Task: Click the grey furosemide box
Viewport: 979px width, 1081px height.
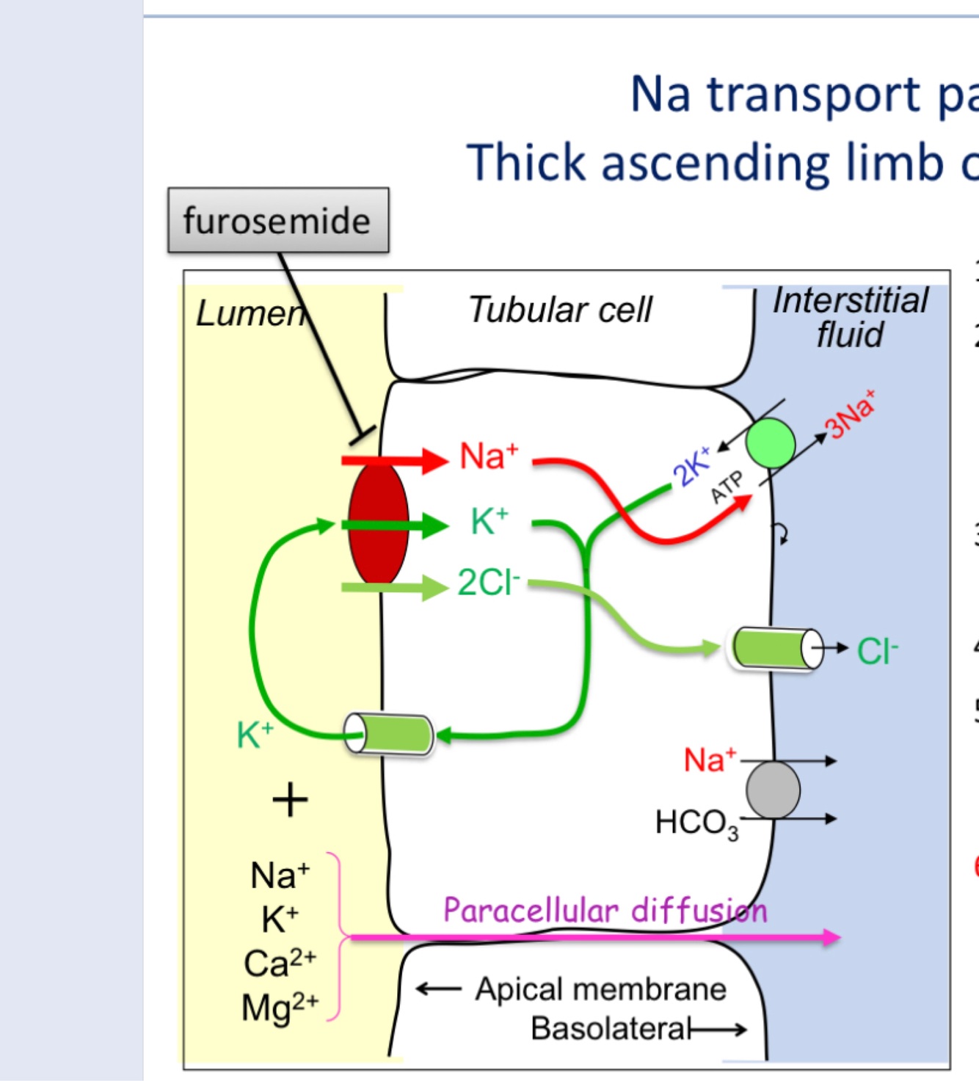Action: click(278, 220)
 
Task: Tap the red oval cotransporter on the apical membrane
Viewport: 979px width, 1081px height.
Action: click(378, 523)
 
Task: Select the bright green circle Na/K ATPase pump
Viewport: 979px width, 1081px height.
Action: click(771, 444)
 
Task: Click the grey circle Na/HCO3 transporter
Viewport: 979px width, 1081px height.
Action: click(773, 790)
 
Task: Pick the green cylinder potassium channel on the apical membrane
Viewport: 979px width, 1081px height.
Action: click(389, 733)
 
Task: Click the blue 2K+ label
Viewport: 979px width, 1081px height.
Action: click(691, 466)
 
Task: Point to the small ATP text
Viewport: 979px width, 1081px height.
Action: click(727, 487)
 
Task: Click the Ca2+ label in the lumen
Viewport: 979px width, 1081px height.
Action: click(280, 963)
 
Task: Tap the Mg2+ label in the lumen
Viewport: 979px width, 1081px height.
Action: click(280, 1007)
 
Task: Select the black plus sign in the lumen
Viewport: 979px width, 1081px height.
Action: click(290, 800)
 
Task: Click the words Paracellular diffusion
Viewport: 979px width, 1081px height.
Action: click(605, 911)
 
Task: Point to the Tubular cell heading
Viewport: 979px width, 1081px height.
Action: click(560, 310)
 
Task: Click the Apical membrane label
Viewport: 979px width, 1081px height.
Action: click(600, 989)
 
